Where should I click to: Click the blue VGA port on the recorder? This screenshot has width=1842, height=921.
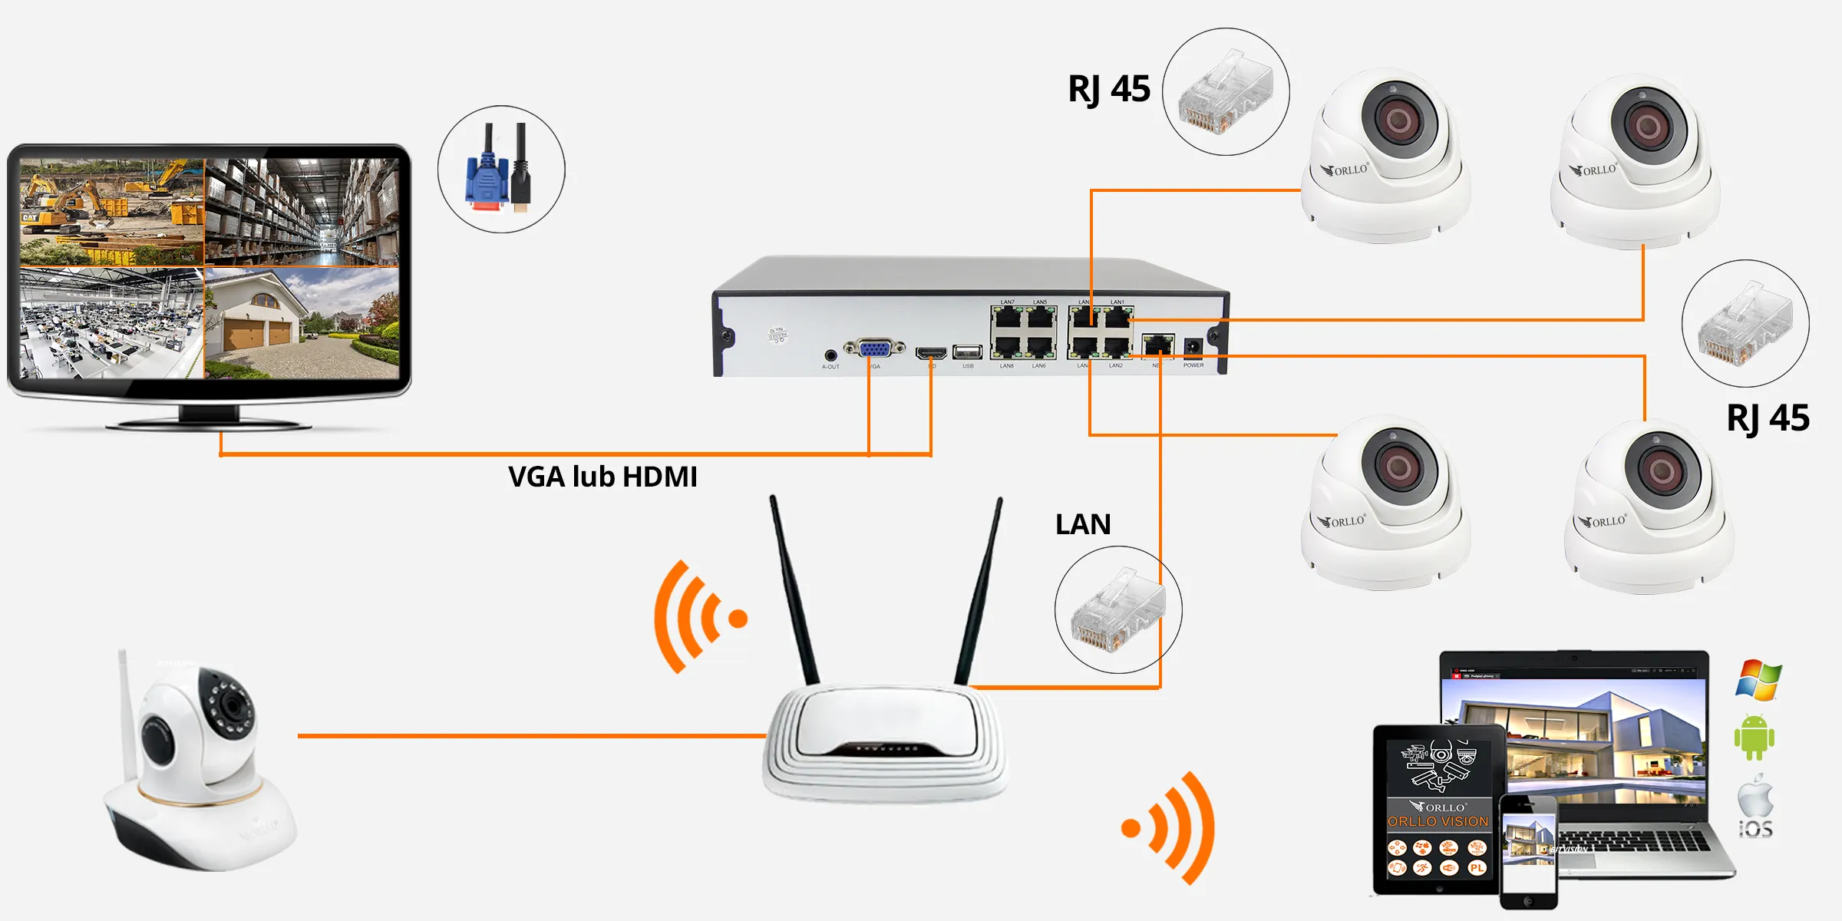tap(874, 349)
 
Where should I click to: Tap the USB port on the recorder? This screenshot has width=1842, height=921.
tap(967, 352)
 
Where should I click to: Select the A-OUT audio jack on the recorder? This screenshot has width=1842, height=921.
tap(830, 355)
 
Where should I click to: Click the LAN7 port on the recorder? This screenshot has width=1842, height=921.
tap(1008, 317)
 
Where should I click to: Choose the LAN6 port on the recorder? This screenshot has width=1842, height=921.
tap(1040, 347)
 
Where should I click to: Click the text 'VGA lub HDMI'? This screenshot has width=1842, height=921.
tap(602, 477)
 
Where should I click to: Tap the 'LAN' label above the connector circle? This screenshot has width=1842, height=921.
tap(1083, 524)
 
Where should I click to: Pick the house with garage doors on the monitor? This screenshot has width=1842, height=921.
tap(302, 323)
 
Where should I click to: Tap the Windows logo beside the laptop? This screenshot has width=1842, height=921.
tap(1758, 679)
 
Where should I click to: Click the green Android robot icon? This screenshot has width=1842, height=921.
tap(1755, 738)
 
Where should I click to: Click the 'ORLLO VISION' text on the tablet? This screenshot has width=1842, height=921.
tap(1438, 821)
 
